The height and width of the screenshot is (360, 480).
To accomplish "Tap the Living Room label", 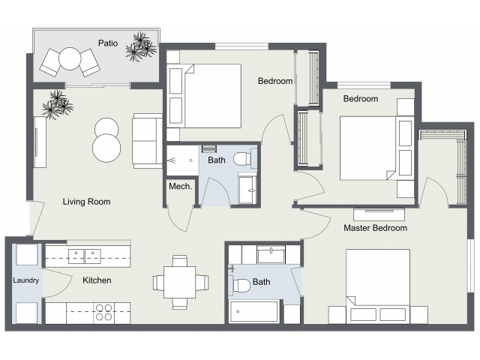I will [x=86, y=201].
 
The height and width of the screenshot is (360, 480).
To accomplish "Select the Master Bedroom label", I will [x=375, y=227].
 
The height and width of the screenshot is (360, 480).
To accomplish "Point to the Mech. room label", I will [x=179, y=187].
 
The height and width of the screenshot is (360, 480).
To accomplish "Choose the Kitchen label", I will [x=97, y=280].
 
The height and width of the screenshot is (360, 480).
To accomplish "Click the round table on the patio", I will [x=70, y=58].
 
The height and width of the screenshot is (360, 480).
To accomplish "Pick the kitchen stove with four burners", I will [x=103, y=312].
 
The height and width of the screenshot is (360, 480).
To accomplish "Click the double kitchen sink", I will [x=85, y=256].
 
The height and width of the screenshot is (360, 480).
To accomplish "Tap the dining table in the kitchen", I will [x=180, y=282].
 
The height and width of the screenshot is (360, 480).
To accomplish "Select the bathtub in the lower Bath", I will [x=254, y=311].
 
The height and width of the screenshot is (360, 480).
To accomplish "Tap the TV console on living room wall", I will [x=40, y=142].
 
